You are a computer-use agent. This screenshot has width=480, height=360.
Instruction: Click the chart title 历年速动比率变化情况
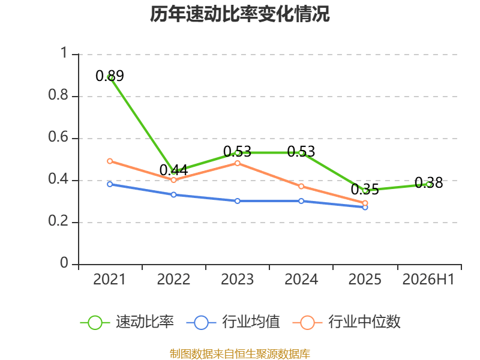coord(239,14)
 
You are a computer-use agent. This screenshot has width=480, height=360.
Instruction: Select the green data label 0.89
coord(110,76)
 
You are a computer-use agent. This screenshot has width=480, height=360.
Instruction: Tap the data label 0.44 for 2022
coord(173,170)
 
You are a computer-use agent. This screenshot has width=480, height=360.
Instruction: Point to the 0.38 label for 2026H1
coord(428,183)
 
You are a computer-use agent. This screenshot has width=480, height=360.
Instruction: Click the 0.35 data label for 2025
coord(365,189)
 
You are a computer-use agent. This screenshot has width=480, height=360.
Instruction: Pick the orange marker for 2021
coord(110,161)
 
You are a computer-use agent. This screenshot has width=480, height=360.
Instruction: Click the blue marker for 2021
coord(110,184)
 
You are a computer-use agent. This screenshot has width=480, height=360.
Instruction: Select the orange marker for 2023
coord(237,163)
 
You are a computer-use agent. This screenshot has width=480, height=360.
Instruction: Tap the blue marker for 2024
coord(301,201)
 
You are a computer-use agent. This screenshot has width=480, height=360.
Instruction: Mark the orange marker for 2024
coord(301,186)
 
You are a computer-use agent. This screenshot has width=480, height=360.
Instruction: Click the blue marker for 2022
coord(173,194)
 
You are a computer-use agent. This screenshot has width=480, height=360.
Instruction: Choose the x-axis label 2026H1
coord(428,279)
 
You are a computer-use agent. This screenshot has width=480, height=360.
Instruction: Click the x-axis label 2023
coord(237,279)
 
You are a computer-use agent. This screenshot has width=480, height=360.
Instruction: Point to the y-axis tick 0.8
coord(58,95)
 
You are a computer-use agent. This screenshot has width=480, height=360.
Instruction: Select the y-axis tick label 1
coord(64,53)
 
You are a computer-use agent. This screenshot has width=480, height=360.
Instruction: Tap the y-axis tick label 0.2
coord(58,221)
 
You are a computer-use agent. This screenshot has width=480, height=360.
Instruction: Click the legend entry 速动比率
coord(127,322)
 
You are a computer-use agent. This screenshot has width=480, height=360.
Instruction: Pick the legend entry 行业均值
coord(233,322)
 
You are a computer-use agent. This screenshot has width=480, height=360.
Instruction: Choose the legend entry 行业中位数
coord(347,322)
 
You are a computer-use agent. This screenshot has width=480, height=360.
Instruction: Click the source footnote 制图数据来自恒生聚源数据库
coord(240,353)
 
